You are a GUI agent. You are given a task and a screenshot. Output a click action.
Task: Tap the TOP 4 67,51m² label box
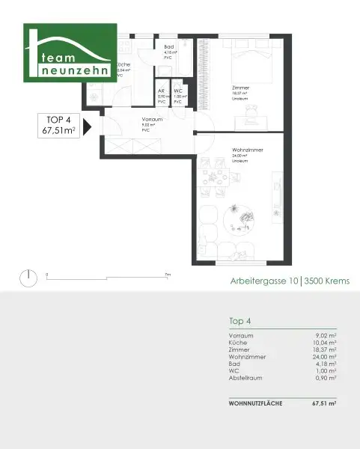(61, 127)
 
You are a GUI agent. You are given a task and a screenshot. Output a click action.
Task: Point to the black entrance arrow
(88, 127)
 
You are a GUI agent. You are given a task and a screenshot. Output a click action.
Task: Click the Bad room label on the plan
(169, 46)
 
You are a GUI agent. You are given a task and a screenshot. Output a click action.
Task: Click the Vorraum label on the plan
(153, 120)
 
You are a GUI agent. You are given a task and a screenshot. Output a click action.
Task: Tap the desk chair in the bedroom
(251, 114)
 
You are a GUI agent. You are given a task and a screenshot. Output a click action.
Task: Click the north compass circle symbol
(28, 278)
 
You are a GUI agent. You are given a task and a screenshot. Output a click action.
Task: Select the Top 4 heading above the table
(240, 320)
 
